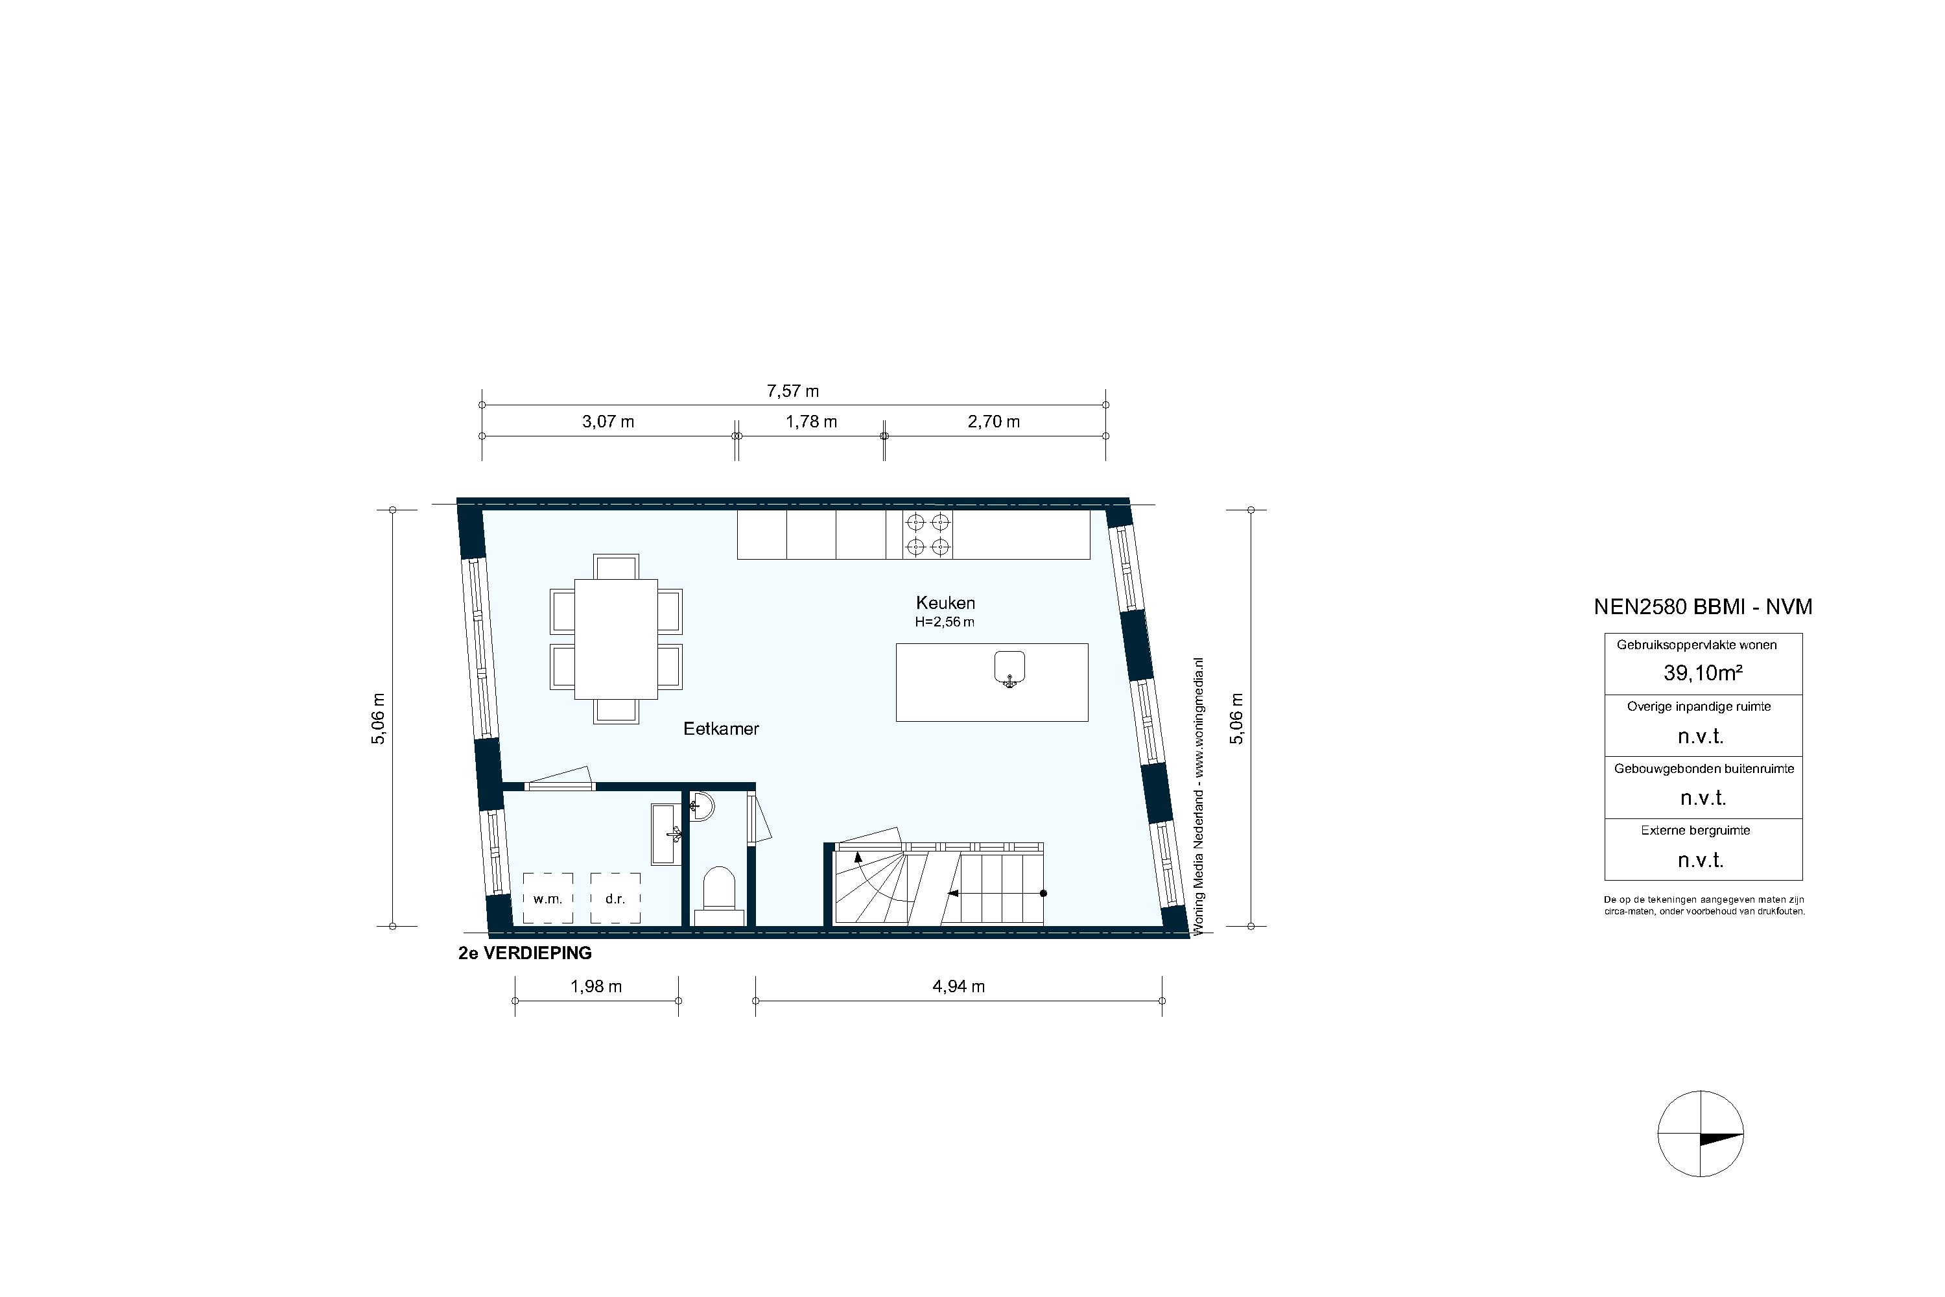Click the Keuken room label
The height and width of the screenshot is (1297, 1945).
tap(945, 603)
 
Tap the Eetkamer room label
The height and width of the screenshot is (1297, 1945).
tap(720, 729)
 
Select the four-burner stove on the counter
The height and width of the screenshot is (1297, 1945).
tap(927, 534)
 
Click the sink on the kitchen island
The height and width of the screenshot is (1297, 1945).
tap(1009, 669)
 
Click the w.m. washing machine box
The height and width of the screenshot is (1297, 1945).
tap(547, 898)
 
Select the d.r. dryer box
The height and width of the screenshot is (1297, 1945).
tap(615, 898)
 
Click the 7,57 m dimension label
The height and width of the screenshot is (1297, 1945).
tap(792, 391)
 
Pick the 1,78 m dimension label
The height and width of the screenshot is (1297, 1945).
tap(811, 422)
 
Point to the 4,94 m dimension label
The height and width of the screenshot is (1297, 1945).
tap(958, 986)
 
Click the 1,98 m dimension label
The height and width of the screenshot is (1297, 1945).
tap(596, 986)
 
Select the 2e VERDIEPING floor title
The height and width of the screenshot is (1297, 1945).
tap(525, 953)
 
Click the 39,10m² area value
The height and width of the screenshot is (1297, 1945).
tap(1703, 673)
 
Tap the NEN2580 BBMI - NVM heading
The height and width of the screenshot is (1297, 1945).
tap(1703, 607)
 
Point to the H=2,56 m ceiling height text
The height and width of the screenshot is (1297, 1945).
tap(945, 623)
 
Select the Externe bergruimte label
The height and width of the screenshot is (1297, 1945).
tap(1695, 831)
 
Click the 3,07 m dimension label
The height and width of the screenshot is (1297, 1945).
tap(608, 422)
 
